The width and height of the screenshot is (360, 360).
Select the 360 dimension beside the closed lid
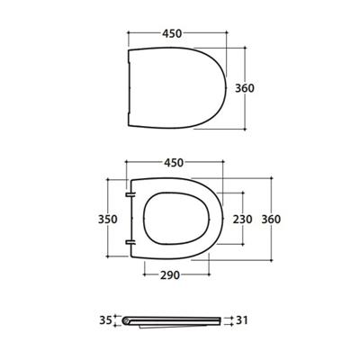[259, 87]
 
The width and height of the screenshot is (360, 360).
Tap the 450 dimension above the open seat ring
[175, 163]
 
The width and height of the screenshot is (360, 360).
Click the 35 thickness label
[105, 319]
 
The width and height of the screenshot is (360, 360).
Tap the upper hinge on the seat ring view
[131, 193]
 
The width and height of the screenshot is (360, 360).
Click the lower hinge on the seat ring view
[131, 242]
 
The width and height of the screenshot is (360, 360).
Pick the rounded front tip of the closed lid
[221, 86]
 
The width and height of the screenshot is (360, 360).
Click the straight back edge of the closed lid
[130, 86]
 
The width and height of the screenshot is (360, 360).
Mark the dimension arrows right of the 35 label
[119, 319]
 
